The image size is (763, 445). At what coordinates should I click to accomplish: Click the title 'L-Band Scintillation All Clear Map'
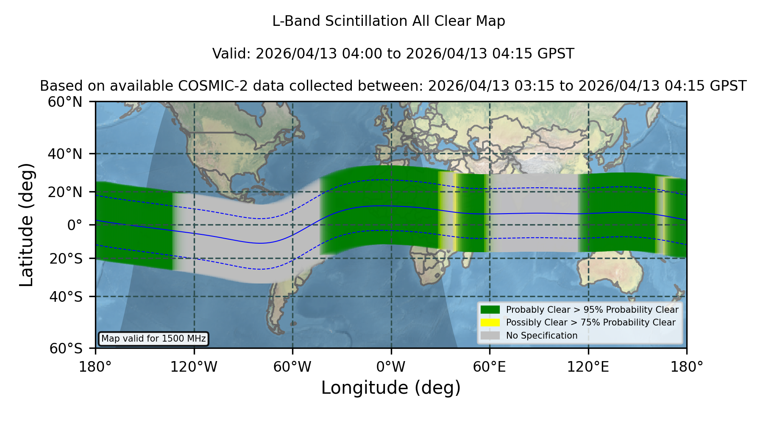coord(388,21)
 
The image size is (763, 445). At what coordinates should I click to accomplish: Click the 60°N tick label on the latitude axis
coord(65,102)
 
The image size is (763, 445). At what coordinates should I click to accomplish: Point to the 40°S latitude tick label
coord(66,297)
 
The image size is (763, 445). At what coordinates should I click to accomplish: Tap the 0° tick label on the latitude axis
coord(75,225)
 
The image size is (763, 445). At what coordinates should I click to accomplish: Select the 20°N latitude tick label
coord(65,192)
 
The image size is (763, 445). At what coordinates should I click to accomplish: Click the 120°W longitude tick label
coord(194,367)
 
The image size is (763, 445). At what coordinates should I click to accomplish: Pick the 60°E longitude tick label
coord(490,367)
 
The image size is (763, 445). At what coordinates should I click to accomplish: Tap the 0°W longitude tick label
coord(391,367)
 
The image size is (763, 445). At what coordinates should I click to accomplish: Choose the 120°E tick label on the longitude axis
coord(588,367)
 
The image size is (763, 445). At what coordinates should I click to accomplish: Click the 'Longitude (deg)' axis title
coord(391,388)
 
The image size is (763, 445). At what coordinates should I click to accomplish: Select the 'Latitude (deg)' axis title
coord(26,225)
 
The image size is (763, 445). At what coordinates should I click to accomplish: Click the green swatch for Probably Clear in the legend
coord(490,309)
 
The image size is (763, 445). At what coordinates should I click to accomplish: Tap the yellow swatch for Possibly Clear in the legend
coord(490,323)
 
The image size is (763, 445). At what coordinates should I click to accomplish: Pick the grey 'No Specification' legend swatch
coord(490,336)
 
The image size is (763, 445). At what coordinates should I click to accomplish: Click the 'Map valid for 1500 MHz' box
coord(153,339)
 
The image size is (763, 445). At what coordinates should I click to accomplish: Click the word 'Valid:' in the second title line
coord(231,54)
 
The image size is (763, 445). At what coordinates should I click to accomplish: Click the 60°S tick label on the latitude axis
coord(66,349)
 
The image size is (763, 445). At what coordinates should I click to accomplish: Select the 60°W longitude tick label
coord(292,367)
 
